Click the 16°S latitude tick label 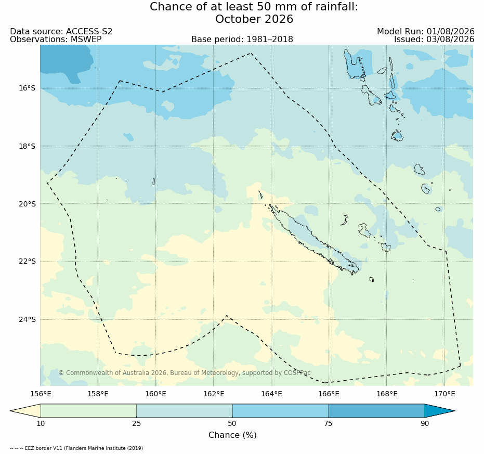[27, 88]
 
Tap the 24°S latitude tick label [27, 319]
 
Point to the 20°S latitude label [27, 204]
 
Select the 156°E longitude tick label [41, 394]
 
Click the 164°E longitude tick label [271, 394]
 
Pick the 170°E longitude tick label [444, 394]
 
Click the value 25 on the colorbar [136, 423]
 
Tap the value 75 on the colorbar [329, 423]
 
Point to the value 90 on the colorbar [425, 423]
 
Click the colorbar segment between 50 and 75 [281, 411]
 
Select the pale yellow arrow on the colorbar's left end [25, 411]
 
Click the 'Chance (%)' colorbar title [233, 435]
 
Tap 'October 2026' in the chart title [254, 19]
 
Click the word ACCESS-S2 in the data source [89, 32]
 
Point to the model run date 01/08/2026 [451, 32]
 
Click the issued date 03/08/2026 [451, 40]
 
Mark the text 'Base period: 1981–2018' [242, 40]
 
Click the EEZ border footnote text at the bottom [76, 448]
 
